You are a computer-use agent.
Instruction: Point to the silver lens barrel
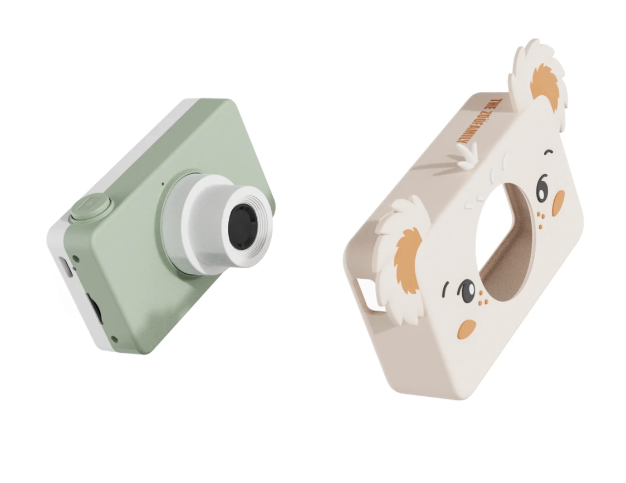coord(218,225)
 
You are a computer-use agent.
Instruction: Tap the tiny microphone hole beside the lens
coord(163,184)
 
